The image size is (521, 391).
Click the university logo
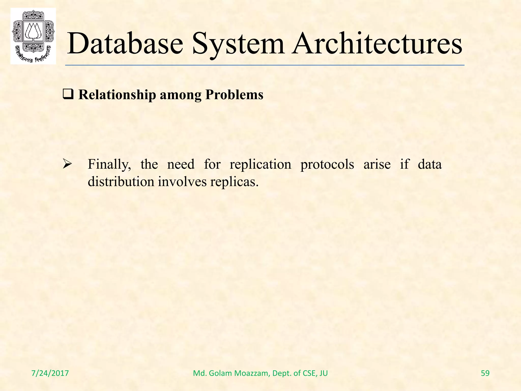33,36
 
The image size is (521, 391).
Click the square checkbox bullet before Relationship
68,95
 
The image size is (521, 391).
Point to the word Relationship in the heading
117,95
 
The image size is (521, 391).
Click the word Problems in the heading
234,95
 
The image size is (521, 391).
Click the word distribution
121,182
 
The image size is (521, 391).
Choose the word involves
182,182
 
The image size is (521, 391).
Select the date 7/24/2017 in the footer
50,373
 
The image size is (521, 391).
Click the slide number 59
485,373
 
